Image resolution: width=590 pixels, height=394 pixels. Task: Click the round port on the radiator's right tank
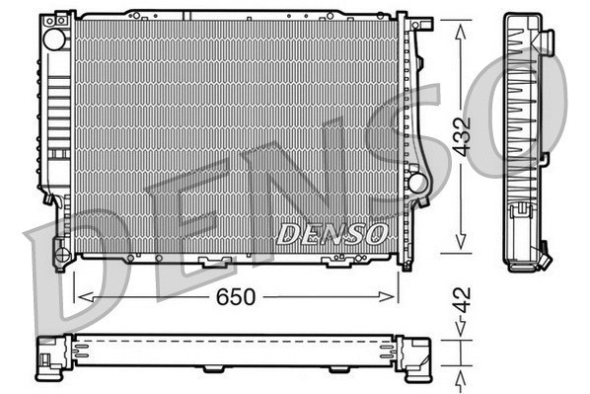coord(416,183)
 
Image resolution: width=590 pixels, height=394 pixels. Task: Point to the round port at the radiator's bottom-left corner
coord(61,256)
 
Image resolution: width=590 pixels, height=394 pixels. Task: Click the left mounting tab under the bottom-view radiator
coord(213,370)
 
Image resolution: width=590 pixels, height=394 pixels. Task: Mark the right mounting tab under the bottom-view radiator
coord(336,370)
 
